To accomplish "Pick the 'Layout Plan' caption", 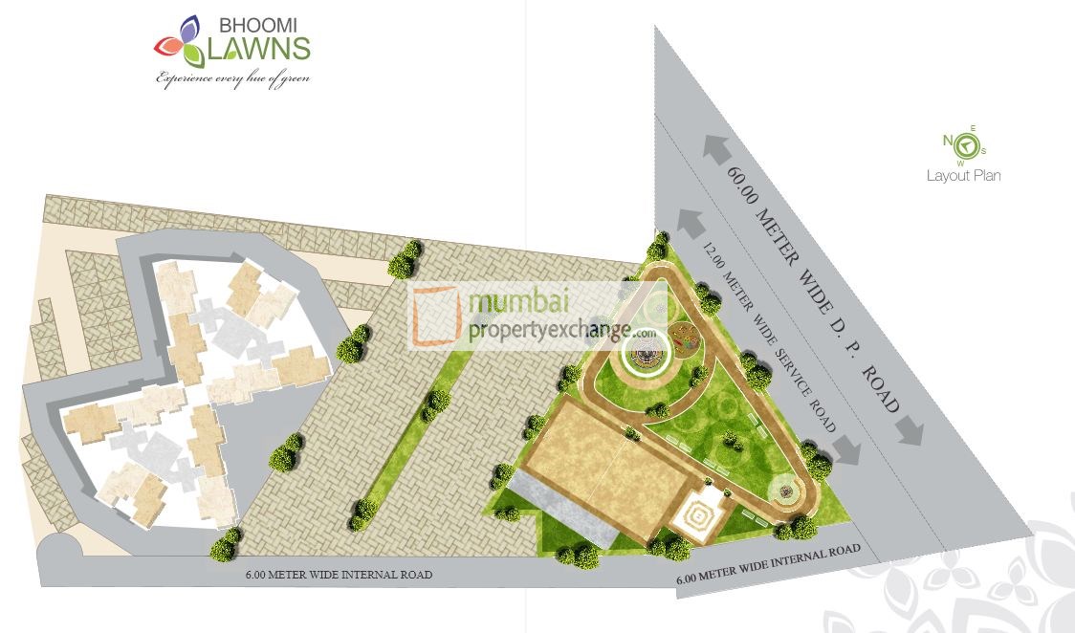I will pyautogui.click(x=963, y=176).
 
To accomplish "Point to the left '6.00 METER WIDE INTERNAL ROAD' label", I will pyautogui.click(x=340, y=575).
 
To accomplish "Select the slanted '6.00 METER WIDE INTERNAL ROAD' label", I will pyautogui.click(x=768, y=565).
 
